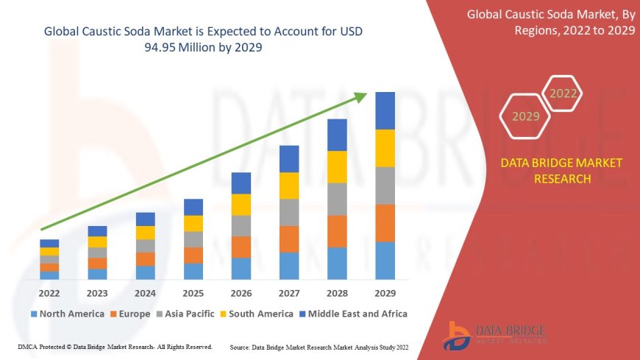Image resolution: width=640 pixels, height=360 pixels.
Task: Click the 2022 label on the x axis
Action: [49, 292]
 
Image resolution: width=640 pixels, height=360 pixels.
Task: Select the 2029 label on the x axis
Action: [385, 292]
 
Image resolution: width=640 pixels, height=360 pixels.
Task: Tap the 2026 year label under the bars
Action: [241, 292]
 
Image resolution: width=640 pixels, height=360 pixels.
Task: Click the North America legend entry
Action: [67, 314]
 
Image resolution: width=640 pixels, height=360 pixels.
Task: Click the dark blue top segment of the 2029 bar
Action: [385, 110]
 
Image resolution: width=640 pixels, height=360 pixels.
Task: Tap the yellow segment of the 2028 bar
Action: [337, 166]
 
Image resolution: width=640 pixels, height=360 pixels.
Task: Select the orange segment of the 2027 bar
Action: [289, 239]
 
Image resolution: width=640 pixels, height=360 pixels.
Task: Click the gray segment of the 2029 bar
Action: [385, 186]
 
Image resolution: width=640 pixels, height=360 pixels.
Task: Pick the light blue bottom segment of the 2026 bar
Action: [241, 268]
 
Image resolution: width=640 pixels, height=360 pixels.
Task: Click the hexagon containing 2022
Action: [563, 93]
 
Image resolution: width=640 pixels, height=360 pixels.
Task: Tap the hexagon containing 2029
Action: [525, 116]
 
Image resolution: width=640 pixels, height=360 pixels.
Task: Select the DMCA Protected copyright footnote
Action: [114, 346]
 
